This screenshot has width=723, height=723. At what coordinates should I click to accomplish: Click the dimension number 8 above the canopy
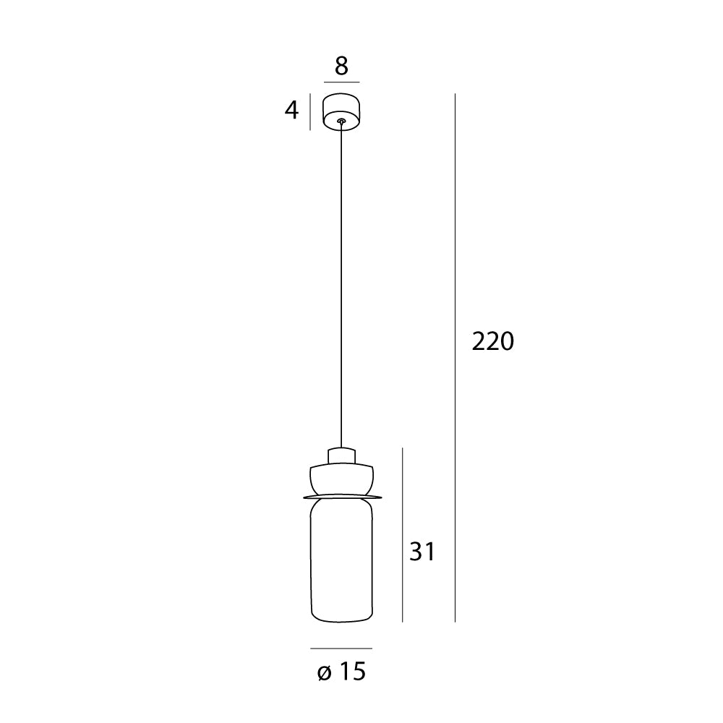341,66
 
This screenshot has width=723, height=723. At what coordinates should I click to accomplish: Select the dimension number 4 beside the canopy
291,111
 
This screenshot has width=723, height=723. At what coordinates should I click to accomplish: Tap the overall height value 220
492,341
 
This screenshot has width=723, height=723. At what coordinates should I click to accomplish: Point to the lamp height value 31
422,552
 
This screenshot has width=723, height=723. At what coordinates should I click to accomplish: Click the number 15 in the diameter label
351,672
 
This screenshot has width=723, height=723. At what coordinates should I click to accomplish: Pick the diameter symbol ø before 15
323,673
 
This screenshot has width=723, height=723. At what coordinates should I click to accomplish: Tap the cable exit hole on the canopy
341,122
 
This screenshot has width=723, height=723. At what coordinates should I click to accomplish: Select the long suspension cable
341,289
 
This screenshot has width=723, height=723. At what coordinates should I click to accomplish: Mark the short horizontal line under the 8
341,82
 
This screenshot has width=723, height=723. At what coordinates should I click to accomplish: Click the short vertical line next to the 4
310,112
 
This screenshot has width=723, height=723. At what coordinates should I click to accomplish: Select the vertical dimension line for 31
402,535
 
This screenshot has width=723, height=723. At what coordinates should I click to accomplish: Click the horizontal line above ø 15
341,649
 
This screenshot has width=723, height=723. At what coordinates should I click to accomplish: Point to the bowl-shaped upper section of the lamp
341,479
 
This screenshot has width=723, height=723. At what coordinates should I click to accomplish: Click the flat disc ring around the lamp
341,496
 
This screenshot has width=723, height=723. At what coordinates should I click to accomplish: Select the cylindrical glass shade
341,560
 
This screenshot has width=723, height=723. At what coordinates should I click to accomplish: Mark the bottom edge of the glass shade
341,620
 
